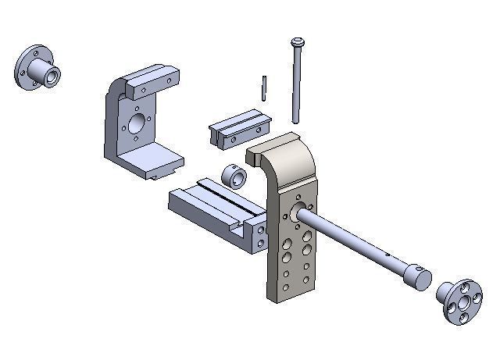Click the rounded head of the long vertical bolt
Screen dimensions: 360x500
click(x=298, y=42)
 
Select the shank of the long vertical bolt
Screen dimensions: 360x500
click(x=297, y=86)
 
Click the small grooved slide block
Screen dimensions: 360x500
click(x=237, y=128)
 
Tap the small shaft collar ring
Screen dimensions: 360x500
click(x=234, y=176)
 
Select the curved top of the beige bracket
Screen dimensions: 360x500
click(x=285, y=152)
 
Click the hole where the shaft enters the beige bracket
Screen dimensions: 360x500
click(x=299, y=209)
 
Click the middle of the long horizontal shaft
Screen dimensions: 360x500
click(x=352, y=239)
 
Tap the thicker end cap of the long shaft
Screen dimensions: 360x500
click(x=418, y=276)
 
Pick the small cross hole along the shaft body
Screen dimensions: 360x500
click(x=388, y=255)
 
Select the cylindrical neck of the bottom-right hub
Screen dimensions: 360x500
click(x=445, y=292)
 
